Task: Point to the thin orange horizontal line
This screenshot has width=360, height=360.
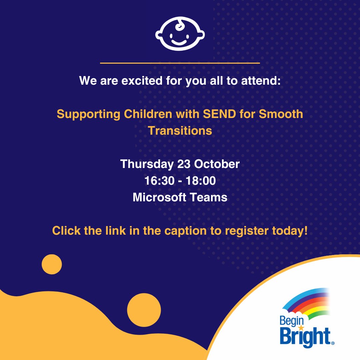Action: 180,63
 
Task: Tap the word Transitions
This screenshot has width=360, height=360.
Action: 180,130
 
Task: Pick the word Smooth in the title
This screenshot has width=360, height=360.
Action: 281,114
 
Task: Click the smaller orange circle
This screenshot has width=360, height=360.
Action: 52,264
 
